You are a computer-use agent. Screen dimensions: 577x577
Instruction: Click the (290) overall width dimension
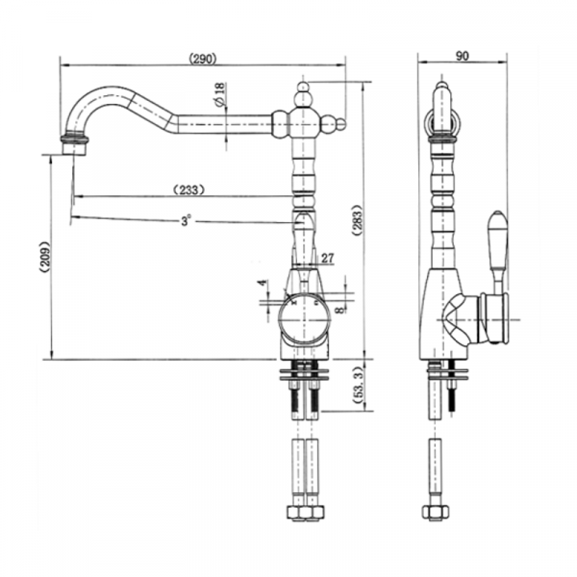[x=203, y=59]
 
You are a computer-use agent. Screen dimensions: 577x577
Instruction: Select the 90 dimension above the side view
[x=463, y=56]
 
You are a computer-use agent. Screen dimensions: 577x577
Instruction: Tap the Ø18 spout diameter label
[x=219, y=94]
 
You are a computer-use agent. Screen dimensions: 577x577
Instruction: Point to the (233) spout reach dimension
[x=188, y=190]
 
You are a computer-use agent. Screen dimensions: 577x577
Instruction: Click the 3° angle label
[x=187, y=221]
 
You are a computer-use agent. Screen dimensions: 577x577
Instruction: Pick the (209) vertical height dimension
[x=44, y=257]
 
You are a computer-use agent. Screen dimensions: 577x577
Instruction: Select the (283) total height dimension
[x=358, y=220]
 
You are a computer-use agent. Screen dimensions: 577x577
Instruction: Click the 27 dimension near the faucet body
[x=328, y=259]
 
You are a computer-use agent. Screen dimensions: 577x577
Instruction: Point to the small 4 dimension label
[x=262, y=283]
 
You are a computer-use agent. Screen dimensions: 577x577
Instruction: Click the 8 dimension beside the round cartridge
[x=340, y=310]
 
